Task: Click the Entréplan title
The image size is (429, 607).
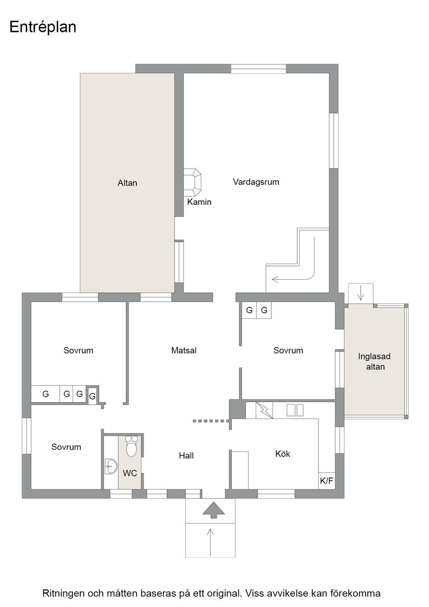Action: (x=43, y=28)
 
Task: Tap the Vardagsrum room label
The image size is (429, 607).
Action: (x=256, y=182)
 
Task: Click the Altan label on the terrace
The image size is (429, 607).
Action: (x=127, y=183)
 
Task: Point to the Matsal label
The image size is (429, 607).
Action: (x=184, y=350)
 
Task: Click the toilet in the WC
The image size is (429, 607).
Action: (x=132, y=447)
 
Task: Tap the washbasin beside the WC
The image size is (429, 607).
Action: (x=111, y=467)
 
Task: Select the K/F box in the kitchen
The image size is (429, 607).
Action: (x=327, y=481)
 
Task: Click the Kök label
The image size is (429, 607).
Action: (x=283, y=454)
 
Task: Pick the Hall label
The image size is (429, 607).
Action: (x=186, y=456)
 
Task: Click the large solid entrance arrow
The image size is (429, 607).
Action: (x=213, y=510)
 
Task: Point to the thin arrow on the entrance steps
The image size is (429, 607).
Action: (x=211, y=541)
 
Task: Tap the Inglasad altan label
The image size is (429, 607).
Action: (x=374, y=361)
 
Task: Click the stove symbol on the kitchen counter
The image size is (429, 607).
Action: (x=264, y=410)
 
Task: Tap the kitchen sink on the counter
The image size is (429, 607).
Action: (x=295, y=410)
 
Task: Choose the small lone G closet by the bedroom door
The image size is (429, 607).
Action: (x=92, y=396)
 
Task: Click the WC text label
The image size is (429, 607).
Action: (x=130, y=473)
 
